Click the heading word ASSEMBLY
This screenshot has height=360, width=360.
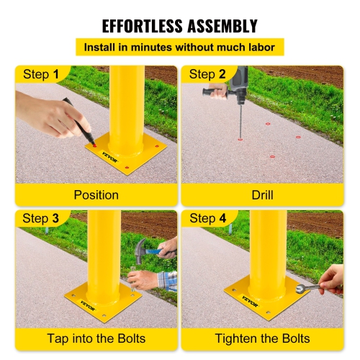(220, 27)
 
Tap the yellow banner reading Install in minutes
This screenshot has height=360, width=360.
(180, 48)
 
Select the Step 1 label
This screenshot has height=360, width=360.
(41, 75)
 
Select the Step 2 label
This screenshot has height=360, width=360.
(207, 75)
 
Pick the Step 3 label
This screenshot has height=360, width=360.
(41, 218)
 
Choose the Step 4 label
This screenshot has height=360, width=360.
(207, 218)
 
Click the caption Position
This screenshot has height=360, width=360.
(96, 194)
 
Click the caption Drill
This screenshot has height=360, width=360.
(263, 194)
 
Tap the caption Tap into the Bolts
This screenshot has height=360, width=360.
(96, 338)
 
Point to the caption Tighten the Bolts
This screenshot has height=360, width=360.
(263, 338)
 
